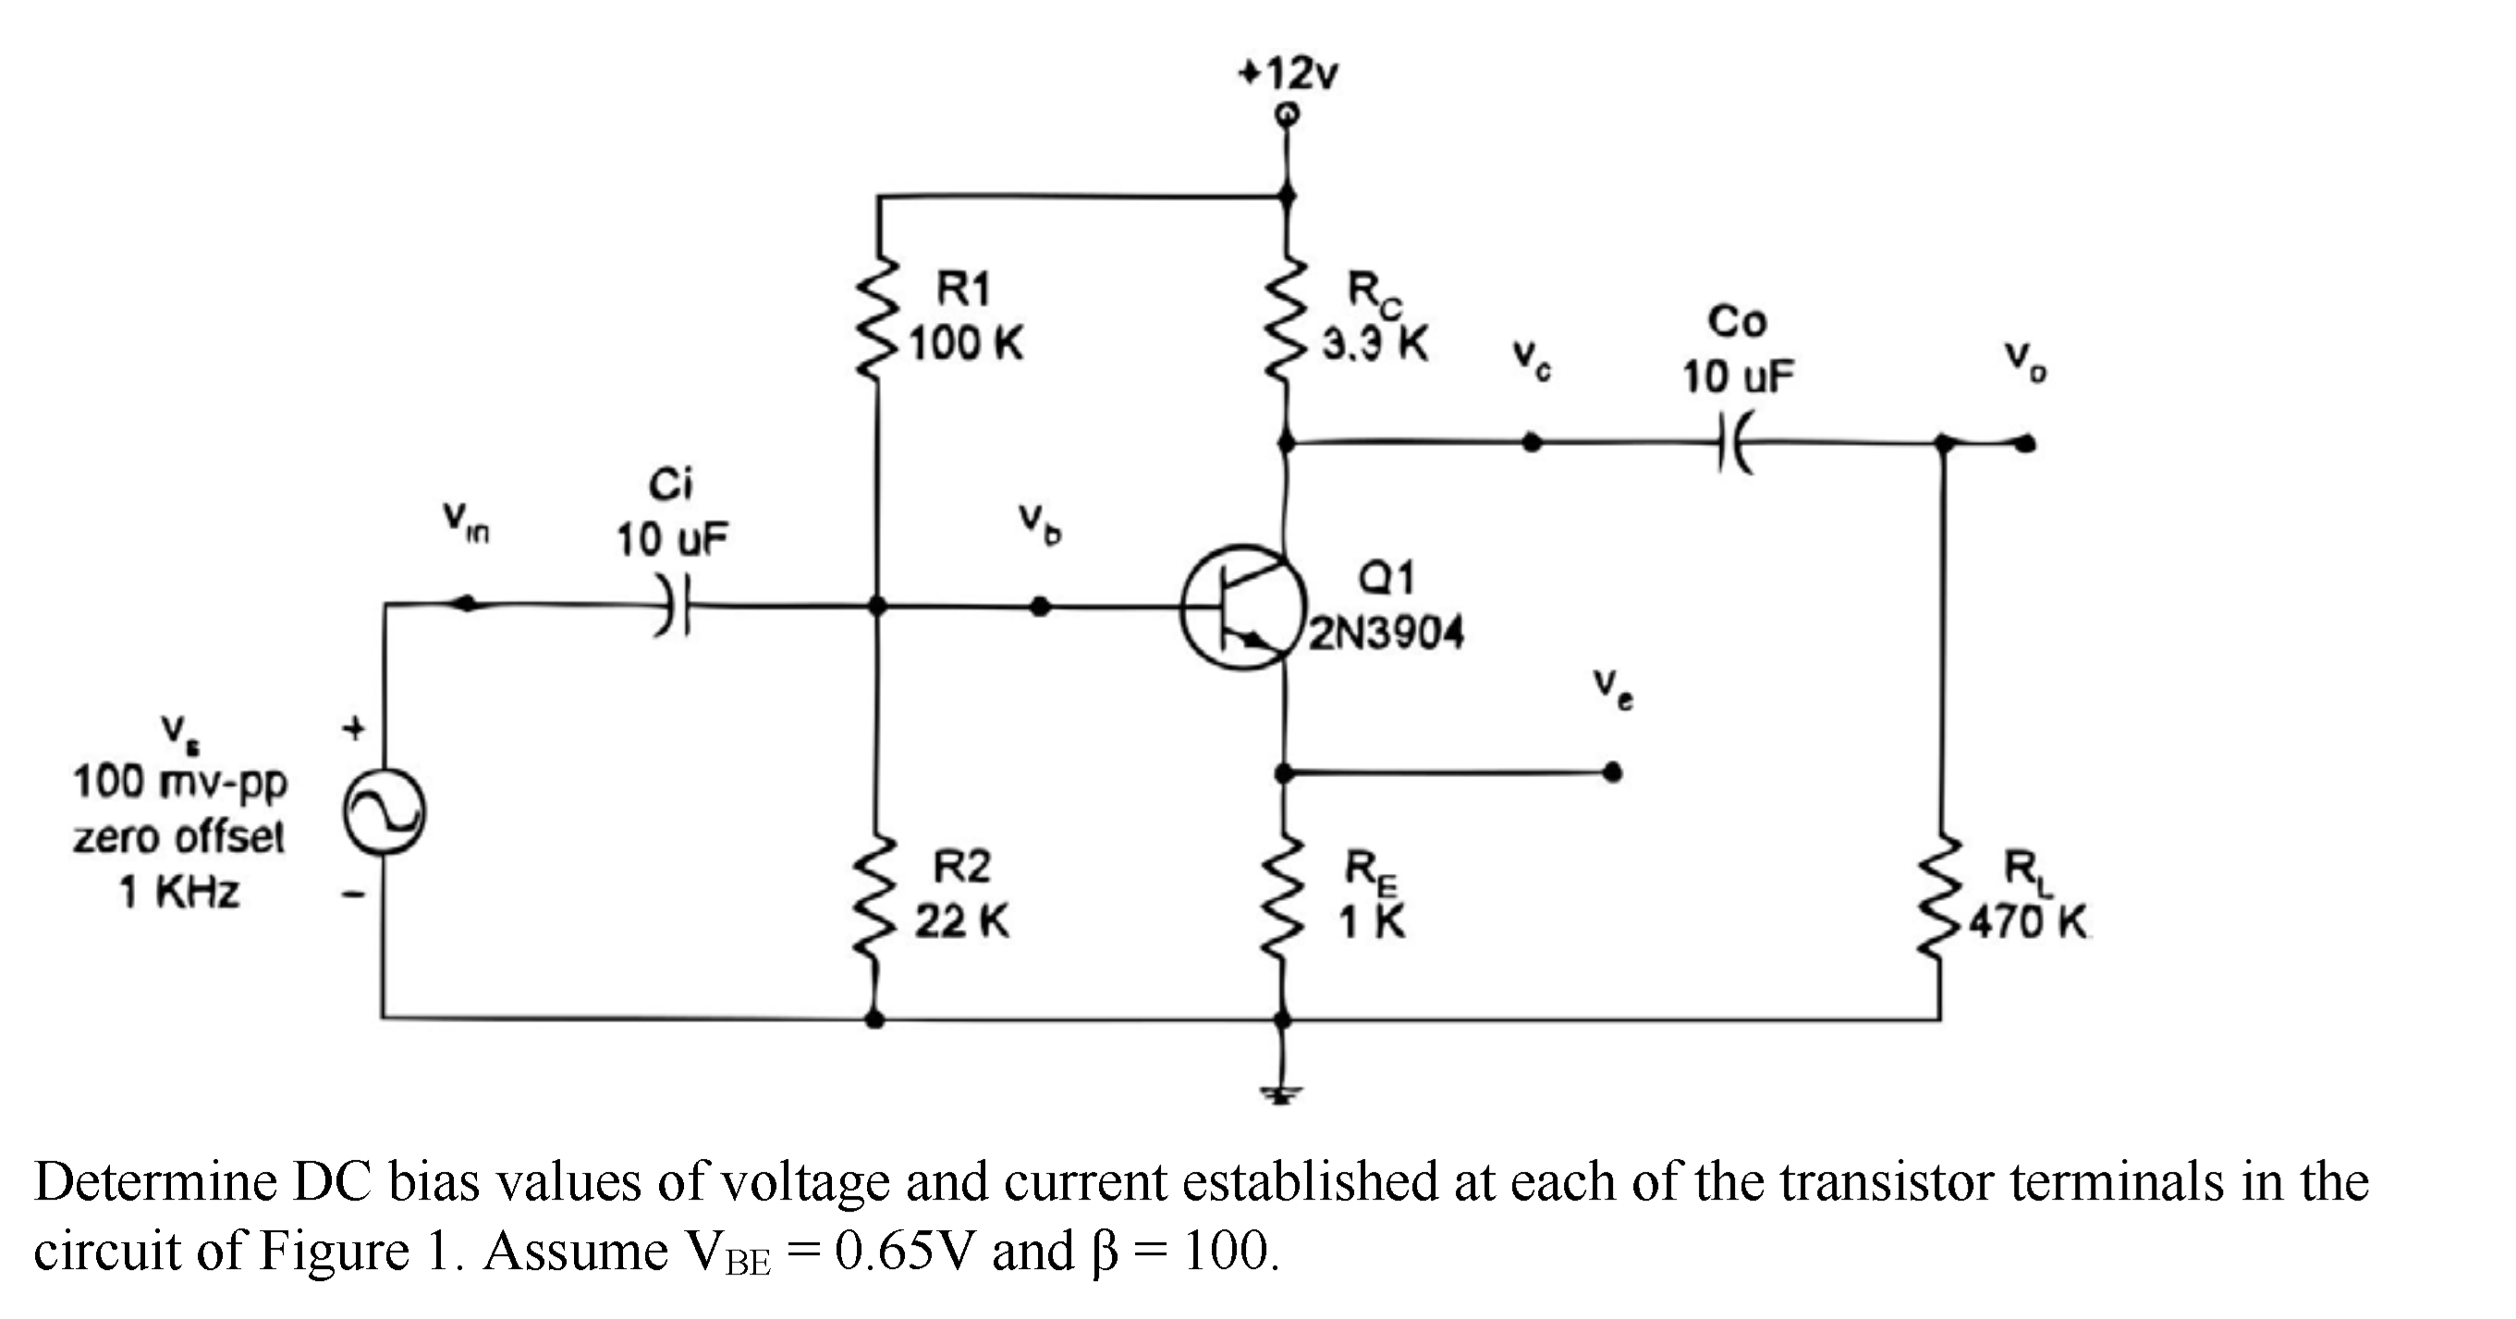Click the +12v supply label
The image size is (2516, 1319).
pos(1289,73)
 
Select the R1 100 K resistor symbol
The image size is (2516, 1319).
pos(878,323)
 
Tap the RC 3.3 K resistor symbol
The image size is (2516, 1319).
pos(1289,323)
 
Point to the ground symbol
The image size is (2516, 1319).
pos(1282,1094)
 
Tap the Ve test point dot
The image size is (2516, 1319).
pos(1614,773)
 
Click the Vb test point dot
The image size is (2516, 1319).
pos(1041,607)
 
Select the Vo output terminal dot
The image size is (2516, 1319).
pos(2027,445)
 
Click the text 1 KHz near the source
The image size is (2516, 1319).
pos(179,892)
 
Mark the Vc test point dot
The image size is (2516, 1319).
pos(1533,443)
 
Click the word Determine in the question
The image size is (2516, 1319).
pos(156,1182)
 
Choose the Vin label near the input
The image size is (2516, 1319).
pos(466,522)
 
